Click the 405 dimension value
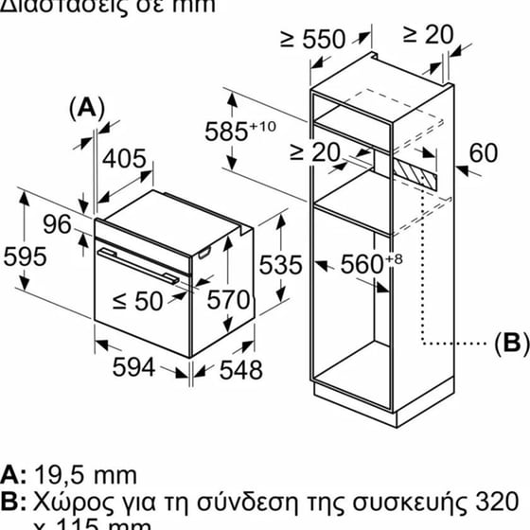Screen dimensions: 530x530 [123, 160]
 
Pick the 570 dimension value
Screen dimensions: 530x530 [228, 301]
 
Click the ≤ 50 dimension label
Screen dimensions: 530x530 [137, 301]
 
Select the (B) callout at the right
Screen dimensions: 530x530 [508, 343]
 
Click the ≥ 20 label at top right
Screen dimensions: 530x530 [428, 34]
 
